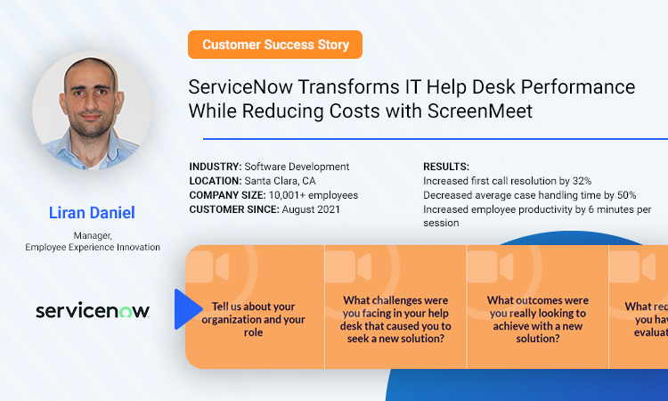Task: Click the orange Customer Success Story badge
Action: point(275,45)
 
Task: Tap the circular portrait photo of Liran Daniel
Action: point(92,110)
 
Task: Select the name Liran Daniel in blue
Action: point(92,213)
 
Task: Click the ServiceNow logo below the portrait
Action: point(92,310)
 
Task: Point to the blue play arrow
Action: point(187,306)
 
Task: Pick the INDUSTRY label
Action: point(215,167)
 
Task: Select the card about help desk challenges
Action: point(396,319)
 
